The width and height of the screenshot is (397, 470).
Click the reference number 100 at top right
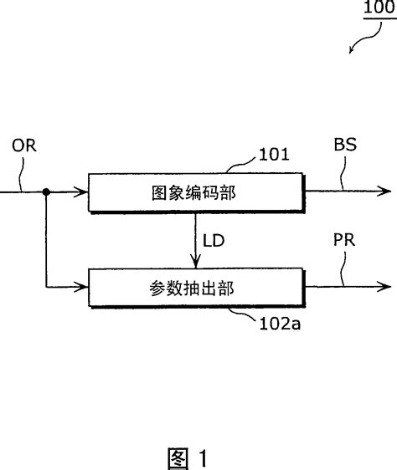click(379, 10)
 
